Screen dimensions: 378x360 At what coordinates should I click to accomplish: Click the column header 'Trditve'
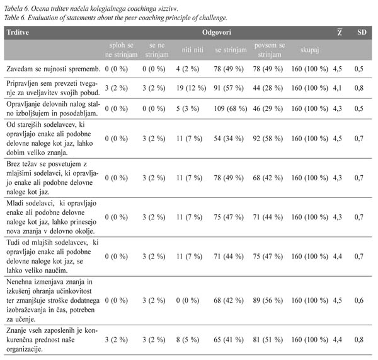tap(18, 32)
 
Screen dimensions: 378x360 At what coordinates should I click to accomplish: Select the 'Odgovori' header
tap(217, 32)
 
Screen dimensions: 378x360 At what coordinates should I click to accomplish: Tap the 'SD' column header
tap(362, 32)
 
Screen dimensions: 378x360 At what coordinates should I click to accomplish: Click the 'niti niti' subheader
tap(192, 50)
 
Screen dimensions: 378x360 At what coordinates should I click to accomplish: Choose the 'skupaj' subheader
tap(309, 50)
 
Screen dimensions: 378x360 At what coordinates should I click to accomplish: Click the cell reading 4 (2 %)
tap(188, 69)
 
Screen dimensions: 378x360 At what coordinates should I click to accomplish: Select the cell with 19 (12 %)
tap(191, 88)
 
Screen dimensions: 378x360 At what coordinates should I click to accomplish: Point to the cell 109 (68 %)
tap(231, 108)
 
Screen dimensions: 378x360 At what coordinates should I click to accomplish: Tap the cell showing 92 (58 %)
tap(268, 139)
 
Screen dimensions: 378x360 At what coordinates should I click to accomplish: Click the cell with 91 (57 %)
tap(229, 88)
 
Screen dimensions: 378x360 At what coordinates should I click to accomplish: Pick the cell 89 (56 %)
tap(268, 301)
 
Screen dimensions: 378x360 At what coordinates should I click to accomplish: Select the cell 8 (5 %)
tap(188, 340)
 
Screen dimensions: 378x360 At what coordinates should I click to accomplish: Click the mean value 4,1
tap(337, 88)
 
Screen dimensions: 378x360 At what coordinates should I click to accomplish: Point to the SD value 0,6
tap(358, 301)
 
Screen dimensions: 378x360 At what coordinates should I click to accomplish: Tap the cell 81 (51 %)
tap(268, 340)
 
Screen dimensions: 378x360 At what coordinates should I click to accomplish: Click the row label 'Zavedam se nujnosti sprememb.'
tap(53, 69)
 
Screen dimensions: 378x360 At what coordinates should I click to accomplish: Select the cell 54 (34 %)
tap(229, 139)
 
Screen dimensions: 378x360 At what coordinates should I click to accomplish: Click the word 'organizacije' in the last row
tap(24, 349)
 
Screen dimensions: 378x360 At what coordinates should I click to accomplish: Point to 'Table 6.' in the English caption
tap(15, 18)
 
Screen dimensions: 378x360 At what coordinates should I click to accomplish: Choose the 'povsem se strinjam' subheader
tap(270, 50)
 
